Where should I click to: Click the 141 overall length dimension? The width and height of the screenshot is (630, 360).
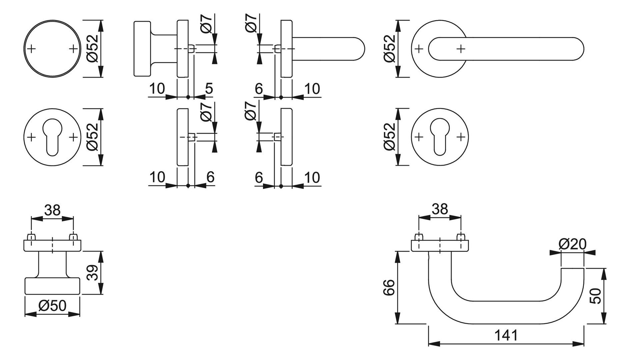tap(506, 335)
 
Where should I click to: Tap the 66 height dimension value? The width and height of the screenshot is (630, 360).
tap(389, 287)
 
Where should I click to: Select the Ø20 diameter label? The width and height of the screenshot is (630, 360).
tap(572, 244)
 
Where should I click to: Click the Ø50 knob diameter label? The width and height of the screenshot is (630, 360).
tap(52, 305)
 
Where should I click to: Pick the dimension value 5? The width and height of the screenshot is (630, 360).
tap(209, 89)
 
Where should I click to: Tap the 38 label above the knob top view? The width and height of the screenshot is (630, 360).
tap(52, 210)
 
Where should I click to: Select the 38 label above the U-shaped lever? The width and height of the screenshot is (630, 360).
tap(440, 209)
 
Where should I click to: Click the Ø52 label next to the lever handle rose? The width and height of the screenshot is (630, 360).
tap(389, 49)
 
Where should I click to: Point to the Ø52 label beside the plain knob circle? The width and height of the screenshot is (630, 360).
tap(93, 49)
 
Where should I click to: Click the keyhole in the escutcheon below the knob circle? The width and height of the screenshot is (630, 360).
tap(52, 137)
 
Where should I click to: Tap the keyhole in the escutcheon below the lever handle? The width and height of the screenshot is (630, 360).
tap(440, 137)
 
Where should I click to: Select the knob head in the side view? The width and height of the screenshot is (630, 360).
tap(142, 49)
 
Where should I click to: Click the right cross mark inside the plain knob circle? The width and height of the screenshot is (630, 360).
tap(73, 49)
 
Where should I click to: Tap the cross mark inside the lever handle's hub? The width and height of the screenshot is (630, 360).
tap(461, 49)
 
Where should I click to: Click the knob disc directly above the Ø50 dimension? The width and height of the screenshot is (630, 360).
tap(52, 286)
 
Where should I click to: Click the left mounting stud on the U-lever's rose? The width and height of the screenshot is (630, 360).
tap(417, 237)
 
